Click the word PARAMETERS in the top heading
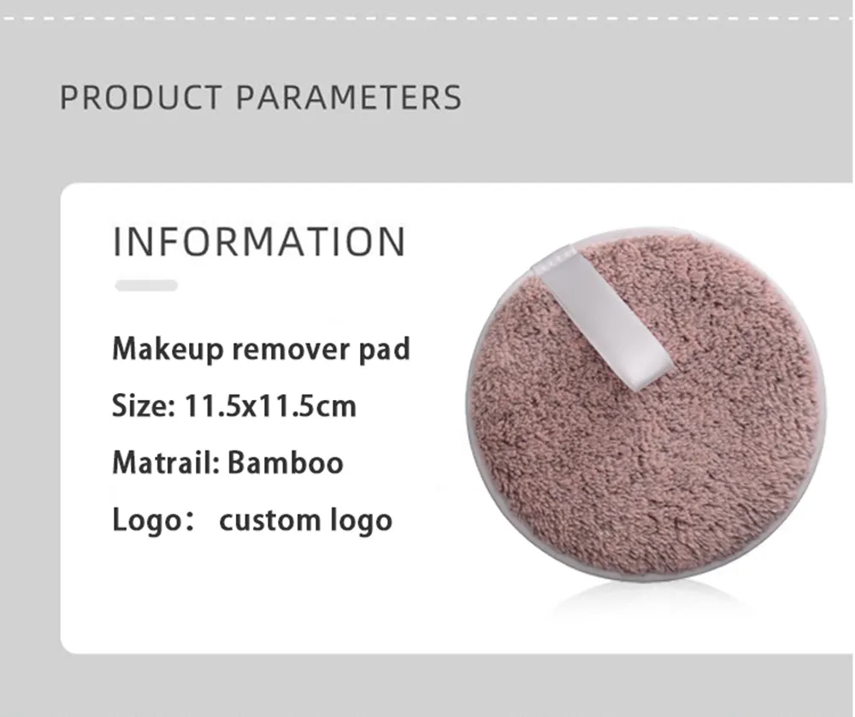coord(348,97)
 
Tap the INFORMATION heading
coord(259,242)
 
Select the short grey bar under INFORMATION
coord(146,285)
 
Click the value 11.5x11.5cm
coord(270,405)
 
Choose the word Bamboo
coord(286,462)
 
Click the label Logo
coord(141,520)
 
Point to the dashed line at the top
coord(427,16)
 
